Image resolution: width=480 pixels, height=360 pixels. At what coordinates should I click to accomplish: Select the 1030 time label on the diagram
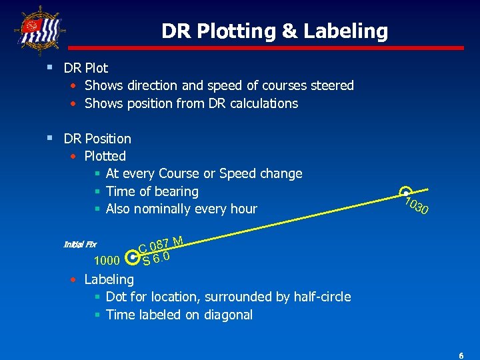point(417,206)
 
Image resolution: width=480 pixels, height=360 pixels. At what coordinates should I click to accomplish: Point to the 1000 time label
point(107,260)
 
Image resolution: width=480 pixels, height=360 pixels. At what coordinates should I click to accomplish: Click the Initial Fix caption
point(79,244)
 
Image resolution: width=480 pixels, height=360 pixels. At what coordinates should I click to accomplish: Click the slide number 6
point(461,356)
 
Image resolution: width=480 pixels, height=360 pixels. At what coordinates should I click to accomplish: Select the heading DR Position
point(97,139)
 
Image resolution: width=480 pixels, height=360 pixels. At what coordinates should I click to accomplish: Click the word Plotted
point(105,156)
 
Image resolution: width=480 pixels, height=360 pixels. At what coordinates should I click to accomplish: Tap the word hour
point(243,209)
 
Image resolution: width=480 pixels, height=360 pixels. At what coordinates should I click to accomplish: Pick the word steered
point(331,85)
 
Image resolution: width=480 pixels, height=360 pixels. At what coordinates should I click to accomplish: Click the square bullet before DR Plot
point(51,67)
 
